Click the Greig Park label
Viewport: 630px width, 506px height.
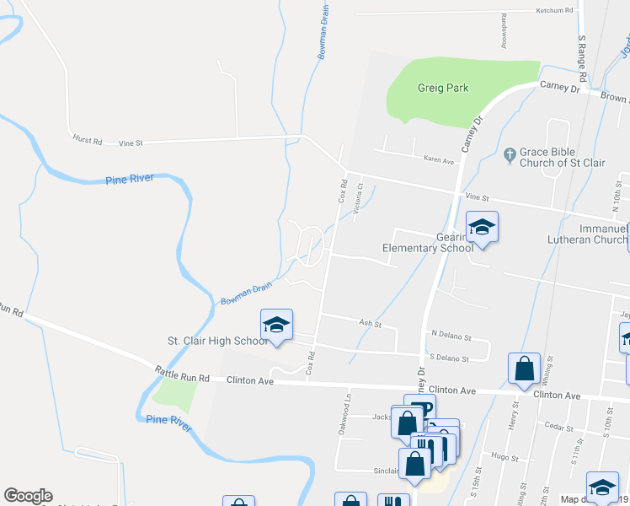[x=442, y=88]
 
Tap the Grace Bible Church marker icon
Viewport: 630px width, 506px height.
[x=509, y=155]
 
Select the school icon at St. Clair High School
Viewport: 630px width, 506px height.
[x=276, y=324]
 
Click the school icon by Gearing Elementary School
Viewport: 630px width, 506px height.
[x=482, y=227]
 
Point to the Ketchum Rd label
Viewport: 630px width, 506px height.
[x=554, y=11]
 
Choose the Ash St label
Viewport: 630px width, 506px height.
[x=371, y=324]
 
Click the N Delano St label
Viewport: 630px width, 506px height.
[x=448, y=334]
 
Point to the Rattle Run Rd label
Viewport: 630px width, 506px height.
[x=179, y=374]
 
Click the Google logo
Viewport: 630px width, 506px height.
[x=28, y=496]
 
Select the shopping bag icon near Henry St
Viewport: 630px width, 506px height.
[x=524, y=369]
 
